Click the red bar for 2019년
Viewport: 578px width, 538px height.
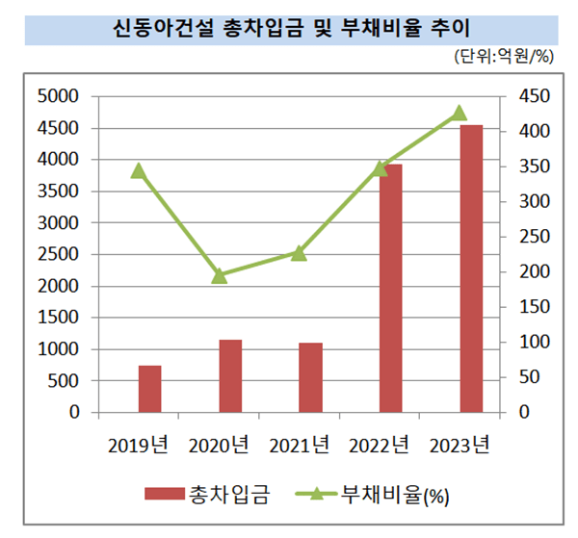point(149,389)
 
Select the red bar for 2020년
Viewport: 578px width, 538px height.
point(229,376)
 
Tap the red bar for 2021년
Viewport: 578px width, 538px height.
point(310,377)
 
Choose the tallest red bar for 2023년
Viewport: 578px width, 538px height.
point(471,269)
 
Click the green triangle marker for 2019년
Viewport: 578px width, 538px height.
point(139,171)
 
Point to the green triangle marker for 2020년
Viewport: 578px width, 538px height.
point(219,276)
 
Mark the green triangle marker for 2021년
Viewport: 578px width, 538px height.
point(299,253)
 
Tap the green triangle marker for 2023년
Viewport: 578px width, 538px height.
point(460,114)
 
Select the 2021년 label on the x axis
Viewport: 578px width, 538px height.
point(300,445)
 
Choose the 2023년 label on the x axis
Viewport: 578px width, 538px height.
point(460,445)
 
